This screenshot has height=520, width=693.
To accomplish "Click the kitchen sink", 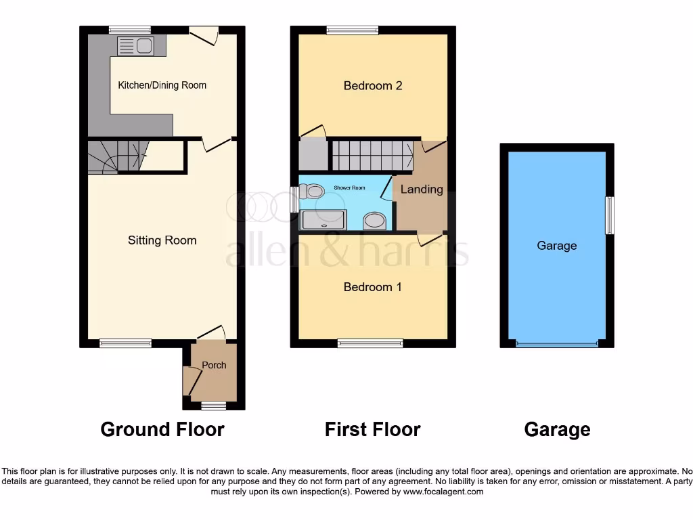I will point(136,46).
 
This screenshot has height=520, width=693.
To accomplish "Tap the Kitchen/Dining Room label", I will point(162,85).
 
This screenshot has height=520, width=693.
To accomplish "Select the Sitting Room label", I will point(162,240).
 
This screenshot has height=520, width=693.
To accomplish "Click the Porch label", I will point(215,365).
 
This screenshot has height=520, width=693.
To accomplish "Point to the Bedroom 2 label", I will point(373,85).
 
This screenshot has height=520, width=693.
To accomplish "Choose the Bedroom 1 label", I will point(373,287).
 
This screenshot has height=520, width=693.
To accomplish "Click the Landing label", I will point(422,190).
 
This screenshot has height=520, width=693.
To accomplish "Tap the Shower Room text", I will point(349,188).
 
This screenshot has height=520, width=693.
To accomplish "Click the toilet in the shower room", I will point(312,193).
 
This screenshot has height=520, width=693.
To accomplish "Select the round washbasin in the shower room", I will point(374,220).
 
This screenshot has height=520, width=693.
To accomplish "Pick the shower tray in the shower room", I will point(323,219).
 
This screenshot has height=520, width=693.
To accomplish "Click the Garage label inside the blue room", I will point(556,246).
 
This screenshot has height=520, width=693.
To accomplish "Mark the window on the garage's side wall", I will point(609,215).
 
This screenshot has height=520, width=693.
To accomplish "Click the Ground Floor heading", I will point(162,429).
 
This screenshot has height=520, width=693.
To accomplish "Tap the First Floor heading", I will point(372,429).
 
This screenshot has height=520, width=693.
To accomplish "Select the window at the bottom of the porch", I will point(214,405).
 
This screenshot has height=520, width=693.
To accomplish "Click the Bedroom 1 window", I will point(370,343).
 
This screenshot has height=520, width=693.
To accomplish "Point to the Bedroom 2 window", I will point(352,30).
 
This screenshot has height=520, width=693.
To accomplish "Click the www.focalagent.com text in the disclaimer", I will point(443,492).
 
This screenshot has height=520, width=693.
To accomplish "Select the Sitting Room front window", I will point(126,343).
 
